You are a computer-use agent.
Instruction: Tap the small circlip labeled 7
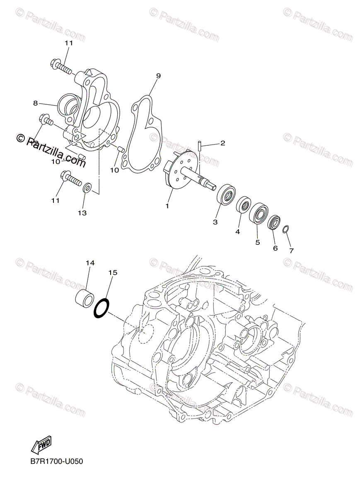pos(286,229)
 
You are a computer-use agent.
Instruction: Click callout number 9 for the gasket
pos(158,76)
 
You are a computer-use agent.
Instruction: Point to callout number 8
pos(36,103)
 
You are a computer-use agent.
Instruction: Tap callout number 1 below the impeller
pos(167,205)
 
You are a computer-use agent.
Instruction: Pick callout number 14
pos(90,263)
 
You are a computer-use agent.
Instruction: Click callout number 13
pos(82,213)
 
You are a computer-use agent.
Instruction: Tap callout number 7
pos(291,251)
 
